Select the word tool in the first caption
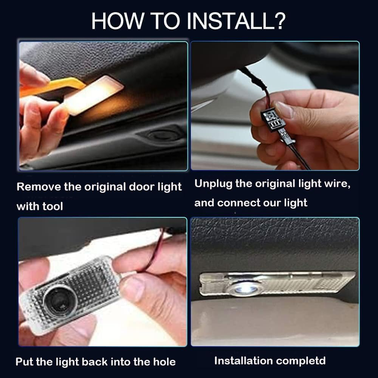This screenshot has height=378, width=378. tap(53, 206)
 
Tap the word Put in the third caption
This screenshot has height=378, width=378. tap(24, 362)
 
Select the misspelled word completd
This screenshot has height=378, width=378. tap(301, 361)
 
